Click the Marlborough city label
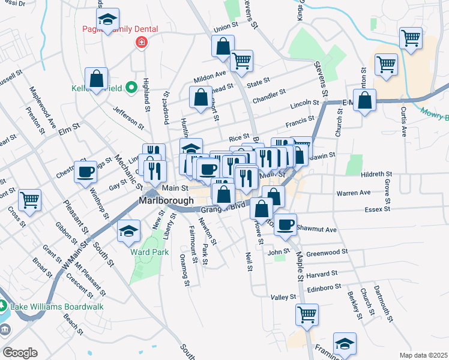[x=166, y=200]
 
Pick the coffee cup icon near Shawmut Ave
[x=285, y=224]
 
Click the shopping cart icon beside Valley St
[x=307, y=314]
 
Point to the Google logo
[x=20, y=353]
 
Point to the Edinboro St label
[x=324, y=289]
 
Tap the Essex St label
[x=378, y=209]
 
